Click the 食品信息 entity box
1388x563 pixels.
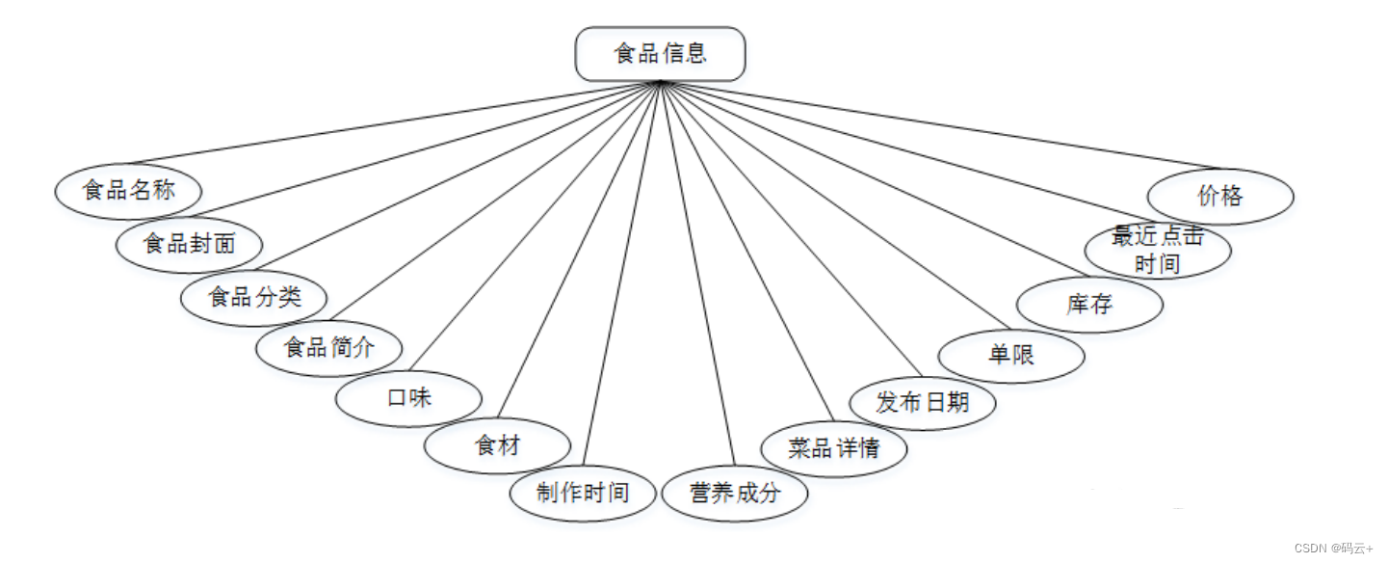(660, 54)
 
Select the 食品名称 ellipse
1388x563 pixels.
(128, 191)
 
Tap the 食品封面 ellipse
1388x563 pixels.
(189, 244)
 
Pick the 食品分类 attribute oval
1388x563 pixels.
(254, 297)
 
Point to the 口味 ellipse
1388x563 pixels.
(408, 397)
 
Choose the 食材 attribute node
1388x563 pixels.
(497, 445)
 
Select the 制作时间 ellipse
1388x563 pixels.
(583, 494)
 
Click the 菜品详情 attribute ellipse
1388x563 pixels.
(833, 448)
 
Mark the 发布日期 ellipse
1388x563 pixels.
(922, 403)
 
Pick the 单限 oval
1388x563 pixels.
(1011, 355)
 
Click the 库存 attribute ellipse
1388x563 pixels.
(1089, 305)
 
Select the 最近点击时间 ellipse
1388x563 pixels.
(1158, 251)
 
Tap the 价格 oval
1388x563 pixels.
(1220, 197)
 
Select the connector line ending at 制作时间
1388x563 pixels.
(621, 280)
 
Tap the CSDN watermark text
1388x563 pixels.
(1334, 549)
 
